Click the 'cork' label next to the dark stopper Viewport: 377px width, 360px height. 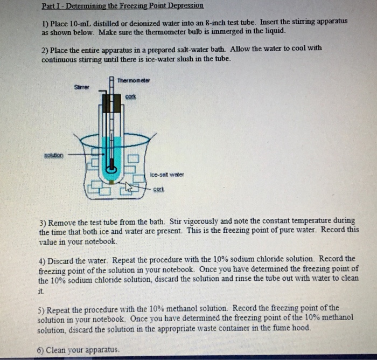coord(131,97)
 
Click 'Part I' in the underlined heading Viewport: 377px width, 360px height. coord(51,6)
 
